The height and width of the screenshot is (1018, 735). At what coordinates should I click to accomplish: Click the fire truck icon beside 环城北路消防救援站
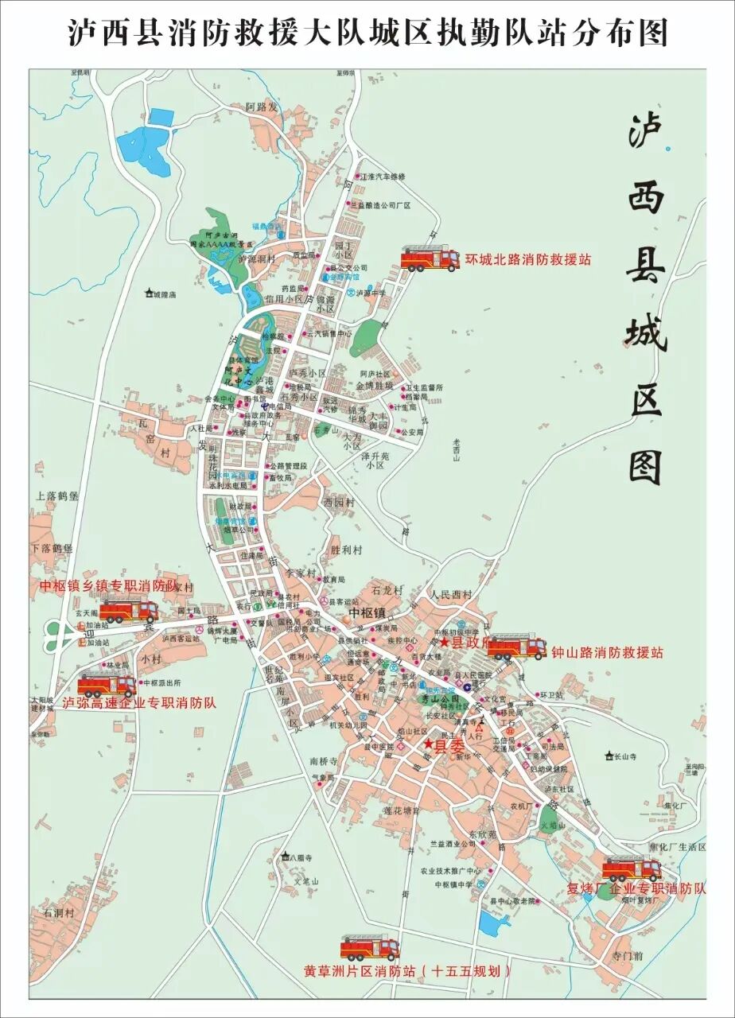pos(430,258)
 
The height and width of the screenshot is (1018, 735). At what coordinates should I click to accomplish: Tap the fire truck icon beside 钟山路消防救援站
pos(516,647)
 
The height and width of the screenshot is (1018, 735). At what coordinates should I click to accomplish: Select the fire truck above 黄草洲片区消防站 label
pos(370,947)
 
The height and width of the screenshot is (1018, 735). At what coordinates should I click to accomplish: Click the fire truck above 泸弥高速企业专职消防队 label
pos(107,685)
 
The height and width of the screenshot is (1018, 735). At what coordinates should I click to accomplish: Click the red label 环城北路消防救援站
pos(528,259)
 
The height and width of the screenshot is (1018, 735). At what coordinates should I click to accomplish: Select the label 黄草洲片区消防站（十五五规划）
pos(406,971)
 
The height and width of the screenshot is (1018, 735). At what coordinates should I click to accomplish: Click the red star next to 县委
pos(429,744)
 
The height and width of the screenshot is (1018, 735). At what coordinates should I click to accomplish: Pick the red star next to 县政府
pos(445,641)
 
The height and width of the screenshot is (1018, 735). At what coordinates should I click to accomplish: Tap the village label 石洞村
pos(59,912)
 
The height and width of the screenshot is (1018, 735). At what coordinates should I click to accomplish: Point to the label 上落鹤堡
pos(56,495)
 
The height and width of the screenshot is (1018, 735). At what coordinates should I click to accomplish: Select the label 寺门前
pos(627,954)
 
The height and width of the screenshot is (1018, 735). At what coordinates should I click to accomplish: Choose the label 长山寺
pos(624,756)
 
